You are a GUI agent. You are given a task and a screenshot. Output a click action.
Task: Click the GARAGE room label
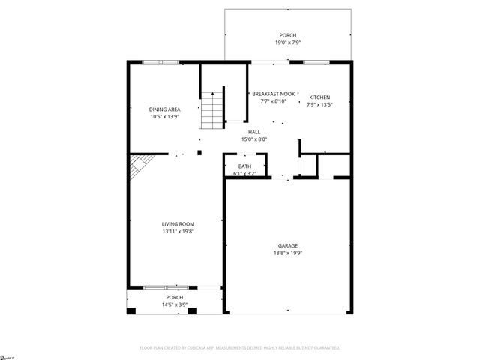(x=289, y=246)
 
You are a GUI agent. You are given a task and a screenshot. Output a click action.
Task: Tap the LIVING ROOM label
(x=178, y=224)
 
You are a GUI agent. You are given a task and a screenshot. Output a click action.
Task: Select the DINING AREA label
(x=164, y=109)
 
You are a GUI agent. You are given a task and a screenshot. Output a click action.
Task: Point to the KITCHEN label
(x=319, y=97)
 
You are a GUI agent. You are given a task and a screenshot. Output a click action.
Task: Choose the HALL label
(x=254, y=132)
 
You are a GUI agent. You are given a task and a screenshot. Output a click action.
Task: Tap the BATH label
(x=244, y=166)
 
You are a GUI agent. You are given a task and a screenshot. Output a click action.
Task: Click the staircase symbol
(x=212, y=109)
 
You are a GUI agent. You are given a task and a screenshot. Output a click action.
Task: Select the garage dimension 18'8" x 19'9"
(x=289, y=253)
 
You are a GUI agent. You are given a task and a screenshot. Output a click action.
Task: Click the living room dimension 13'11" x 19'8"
(x=178, y=232)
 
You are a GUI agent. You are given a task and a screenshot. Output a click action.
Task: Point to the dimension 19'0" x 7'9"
(x=288, y=43)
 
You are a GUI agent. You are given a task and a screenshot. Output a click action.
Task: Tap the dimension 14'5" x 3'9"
(x=174, y=304)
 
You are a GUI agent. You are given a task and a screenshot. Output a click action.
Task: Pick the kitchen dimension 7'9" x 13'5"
(x=319, y=105)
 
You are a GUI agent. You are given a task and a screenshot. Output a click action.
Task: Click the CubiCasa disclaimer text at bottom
(x=240, y=348)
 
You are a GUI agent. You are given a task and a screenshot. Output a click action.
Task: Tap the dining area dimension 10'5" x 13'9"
(x=164, y=117)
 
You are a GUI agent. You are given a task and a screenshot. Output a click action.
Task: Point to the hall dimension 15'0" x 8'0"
(x=254, y=139)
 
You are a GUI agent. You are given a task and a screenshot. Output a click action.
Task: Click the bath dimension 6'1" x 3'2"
(x=244, y=174)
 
